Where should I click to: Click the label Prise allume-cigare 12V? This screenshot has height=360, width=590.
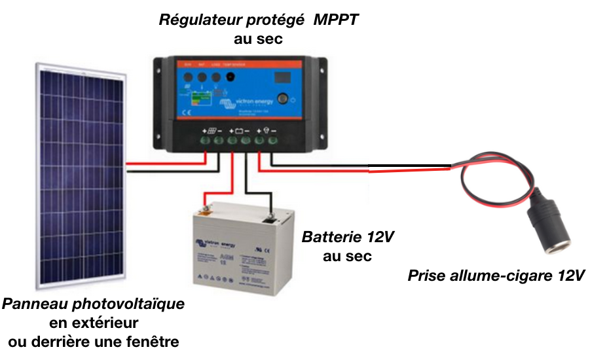coord(496,276)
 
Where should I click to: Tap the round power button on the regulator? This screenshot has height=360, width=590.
coord(283,100)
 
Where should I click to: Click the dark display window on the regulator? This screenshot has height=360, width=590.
coord(282,77)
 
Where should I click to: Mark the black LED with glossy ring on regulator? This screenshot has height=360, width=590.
coord(230,77)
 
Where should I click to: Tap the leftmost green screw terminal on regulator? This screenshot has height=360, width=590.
coord(204,139)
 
